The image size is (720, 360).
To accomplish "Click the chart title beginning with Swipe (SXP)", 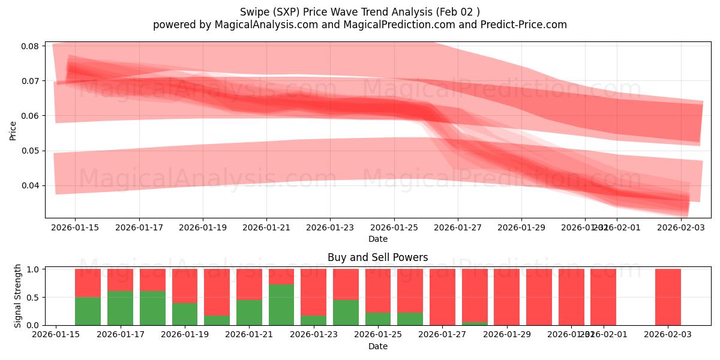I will point(359,12).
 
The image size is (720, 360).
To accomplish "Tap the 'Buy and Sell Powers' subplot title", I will point(377,257).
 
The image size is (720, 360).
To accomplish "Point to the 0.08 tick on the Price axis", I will point(31,46).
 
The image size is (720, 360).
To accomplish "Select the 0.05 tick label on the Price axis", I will point(31,151).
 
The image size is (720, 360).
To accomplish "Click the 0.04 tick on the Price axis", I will point(31,185).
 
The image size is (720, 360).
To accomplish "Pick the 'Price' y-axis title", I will point(13,130).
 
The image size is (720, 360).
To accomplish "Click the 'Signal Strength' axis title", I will point(18,296).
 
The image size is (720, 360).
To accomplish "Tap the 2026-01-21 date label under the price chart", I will point(266,227).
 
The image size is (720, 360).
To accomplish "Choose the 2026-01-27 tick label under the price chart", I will point(458,227).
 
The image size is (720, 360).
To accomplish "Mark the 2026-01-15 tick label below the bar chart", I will point(56,335).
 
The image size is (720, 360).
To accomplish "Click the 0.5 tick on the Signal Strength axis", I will point(34,297).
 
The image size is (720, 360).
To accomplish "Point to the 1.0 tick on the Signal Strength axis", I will point(34,269).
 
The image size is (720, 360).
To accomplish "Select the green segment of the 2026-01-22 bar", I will point(281,305).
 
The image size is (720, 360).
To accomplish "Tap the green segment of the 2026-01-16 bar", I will point(88,311).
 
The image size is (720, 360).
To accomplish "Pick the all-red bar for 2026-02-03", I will point(668,297).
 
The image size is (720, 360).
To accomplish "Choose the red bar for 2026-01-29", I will point(507,297).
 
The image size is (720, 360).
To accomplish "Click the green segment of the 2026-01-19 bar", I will point(185,314).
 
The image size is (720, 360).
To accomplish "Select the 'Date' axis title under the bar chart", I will point(377,346).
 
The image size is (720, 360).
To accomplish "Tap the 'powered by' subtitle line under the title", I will point(359,25).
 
